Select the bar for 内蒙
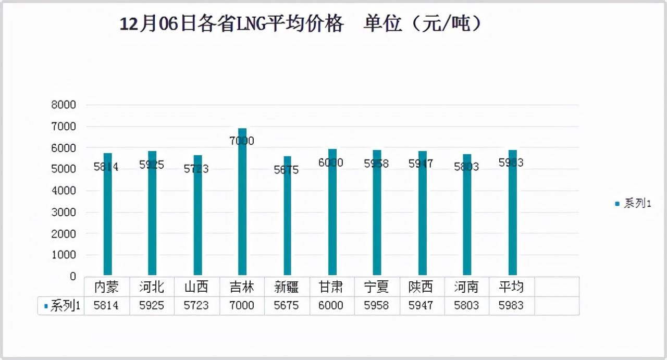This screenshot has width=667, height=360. click(x=108, y=219)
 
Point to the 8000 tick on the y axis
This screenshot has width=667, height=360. click(x=64, y=105)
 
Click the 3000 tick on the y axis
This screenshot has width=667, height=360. click(x=64, y=213)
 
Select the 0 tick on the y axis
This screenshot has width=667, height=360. click(x=73, y=277)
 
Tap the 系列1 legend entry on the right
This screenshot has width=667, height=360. click(x=633, y=204)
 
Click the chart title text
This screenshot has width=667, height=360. click(x=301, y=24)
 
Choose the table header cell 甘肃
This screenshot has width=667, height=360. click(x=331, y=287)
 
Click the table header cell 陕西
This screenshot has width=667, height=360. click(x=421, y=287)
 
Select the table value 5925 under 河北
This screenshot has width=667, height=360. click(x=152, y=306)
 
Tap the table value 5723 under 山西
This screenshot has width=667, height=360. click(x=196, y=306)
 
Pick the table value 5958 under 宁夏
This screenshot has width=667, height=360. click(x=376, y=306)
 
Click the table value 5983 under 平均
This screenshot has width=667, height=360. click(x=511, y=306)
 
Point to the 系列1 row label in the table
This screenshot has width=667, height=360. click(x=62, y=306)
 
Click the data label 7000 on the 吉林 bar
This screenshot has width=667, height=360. click(x=242, y=141)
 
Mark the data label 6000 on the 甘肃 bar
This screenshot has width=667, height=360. click(x=331, y=163)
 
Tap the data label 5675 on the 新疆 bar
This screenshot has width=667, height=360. click(x=287, y=170)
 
